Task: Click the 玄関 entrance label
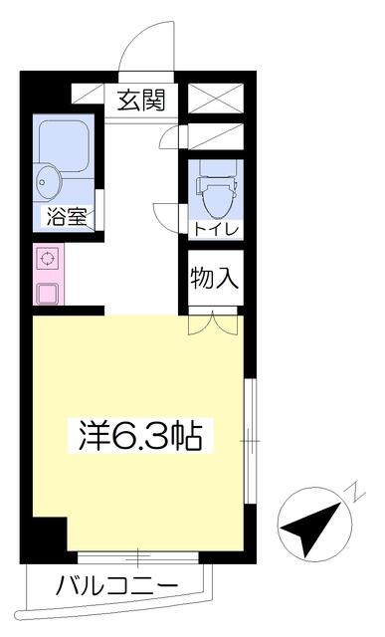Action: tap(141, 101)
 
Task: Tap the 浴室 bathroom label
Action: tap(67, 217)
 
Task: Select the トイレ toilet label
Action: tap(215, 230)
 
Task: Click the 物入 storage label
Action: tap(215, 278)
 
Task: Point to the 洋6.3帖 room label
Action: tap(140, 436)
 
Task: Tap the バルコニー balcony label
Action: tap(117, 586)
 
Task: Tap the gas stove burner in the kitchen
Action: tap(48, 259)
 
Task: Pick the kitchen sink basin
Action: tap(48, 293)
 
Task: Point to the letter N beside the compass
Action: tap(355, 493)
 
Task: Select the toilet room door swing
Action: tap(167, 217)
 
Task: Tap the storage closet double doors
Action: tap(213, 322)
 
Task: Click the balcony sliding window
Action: tap(138, 557)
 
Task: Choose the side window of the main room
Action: tap(250, 441)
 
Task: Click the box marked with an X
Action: tap(216, 99)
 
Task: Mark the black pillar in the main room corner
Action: tap(50, 533)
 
